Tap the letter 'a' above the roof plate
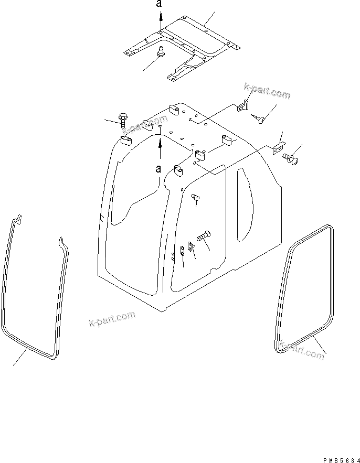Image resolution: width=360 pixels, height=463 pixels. (160, 5)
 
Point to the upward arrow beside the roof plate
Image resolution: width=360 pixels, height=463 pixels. (161, 21)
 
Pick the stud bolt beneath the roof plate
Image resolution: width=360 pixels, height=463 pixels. (161, 52)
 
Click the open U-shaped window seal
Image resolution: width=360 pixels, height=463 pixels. (34, 294)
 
